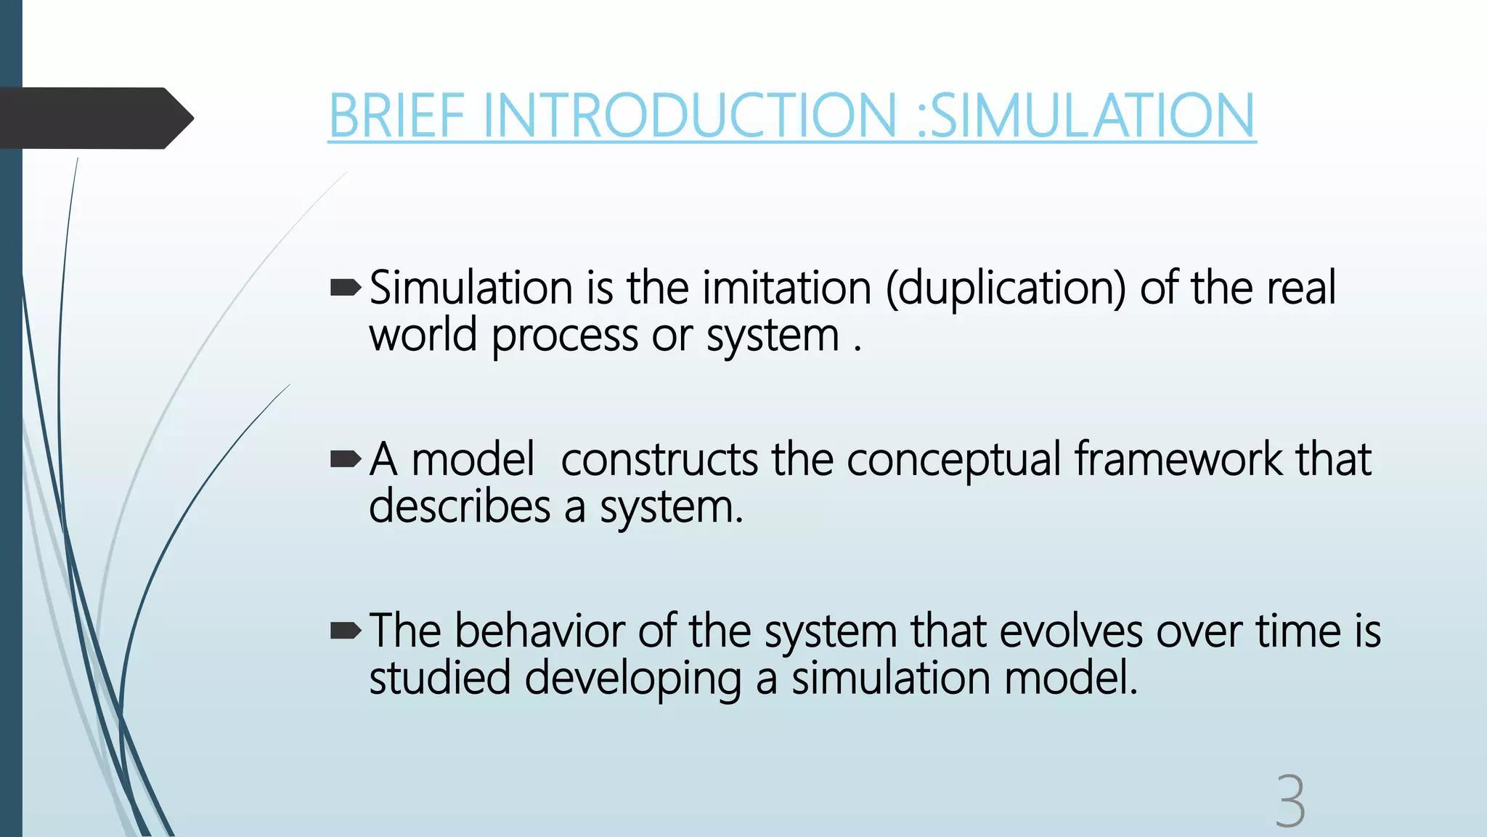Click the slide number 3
pyautogui.click(x=1290, y=801)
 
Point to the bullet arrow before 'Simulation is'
pyautogui.click(x=346, y=289)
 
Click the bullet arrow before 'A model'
pyautogui.click(x=346, y=459)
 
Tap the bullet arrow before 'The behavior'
pyautogui.click(x=346, y=631)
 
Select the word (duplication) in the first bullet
pyautogui.click(x=1006, y=288)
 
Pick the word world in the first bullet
pyautogui.click(x=423, y=336)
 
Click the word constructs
pyautogui.click(x=659, y=460)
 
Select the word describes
pyautogui.click(x=459, y=507)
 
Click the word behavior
pyautogui.click(x=539, y=631)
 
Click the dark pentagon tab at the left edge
pyautogui.click(x=94, y=118)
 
